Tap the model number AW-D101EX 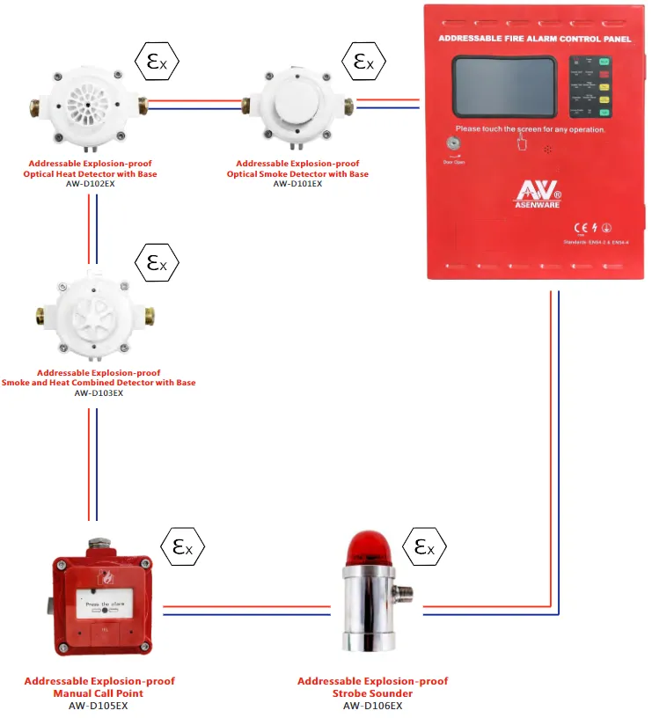(x=298, y=184)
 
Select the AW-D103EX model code (x=99, y=393)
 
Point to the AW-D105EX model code (x=99, y=705)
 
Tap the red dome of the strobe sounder (x=364, y=548)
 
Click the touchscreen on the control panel (x=505, y=88)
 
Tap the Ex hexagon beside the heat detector (x=157, y=62)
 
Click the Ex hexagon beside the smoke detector (x=364, y=62)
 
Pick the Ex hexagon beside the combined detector (x=157, y=262)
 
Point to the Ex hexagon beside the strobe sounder (x=424, y=547)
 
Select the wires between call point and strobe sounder (x=245, y=610)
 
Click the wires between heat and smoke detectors (x=205, y=104)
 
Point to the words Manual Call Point (x=99, y=693)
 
